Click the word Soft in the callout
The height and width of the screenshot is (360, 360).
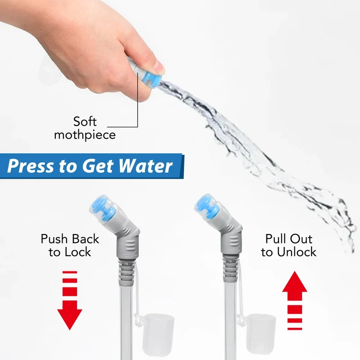click(85, 121)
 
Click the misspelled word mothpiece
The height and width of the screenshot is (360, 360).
click(85, 135)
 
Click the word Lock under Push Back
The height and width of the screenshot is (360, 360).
click(77, 252)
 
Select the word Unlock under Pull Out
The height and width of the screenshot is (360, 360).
click(297, 252)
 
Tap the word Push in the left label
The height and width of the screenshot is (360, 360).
click(54, 239)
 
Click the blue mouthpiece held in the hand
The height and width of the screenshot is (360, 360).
click(150, 80)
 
